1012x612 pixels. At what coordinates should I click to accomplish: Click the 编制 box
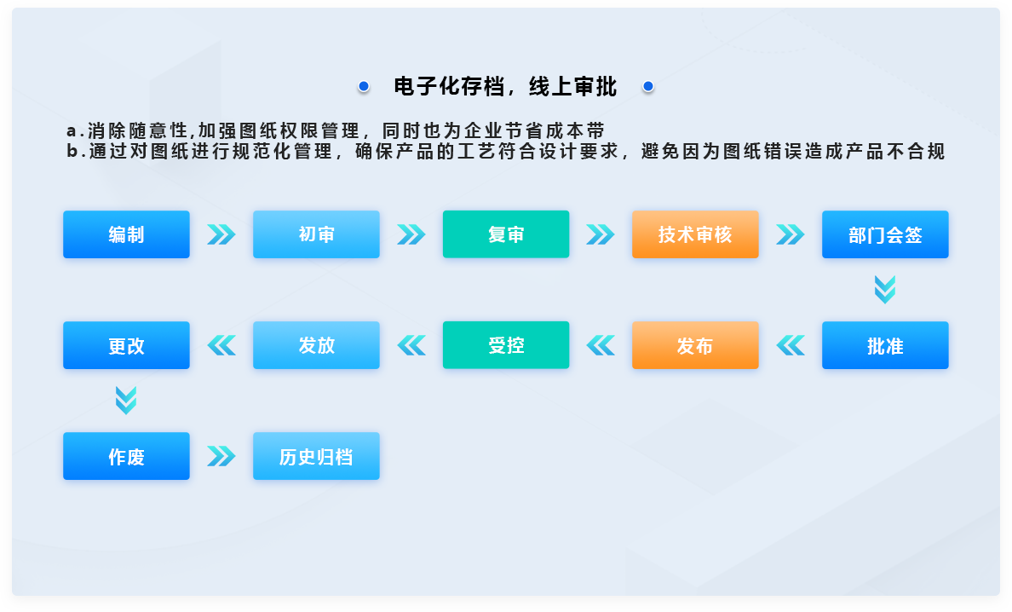click(x=126, y=234)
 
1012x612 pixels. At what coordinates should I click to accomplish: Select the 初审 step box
click(x=316, y=234)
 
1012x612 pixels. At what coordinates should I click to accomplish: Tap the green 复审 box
click(x=506, y=234)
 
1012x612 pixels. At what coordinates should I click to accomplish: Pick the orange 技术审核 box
click(x=695, y=234)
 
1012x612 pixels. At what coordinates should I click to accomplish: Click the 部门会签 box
click(x=886, y=234)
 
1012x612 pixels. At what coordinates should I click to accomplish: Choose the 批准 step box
click(x=886, y=345)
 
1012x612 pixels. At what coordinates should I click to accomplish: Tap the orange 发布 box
click(x=695, y=345)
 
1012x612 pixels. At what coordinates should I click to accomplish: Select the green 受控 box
click(x=506, y=345)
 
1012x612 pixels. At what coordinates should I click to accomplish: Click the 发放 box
click(x=316, y=345)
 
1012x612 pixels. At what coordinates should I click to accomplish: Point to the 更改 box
click(x=126, y=345)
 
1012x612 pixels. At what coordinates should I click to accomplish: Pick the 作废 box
click(x=126, y=456)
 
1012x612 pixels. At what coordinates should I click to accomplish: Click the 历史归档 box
click(x=316, y=456)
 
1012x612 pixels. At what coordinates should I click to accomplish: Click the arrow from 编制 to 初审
click(x=221, y=234)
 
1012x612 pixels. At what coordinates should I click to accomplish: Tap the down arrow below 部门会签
click(x=885, y=289)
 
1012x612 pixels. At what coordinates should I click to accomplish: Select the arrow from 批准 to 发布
click(x=791, y=345)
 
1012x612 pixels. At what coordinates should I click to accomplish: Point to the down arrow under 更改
click(x=126, y=401)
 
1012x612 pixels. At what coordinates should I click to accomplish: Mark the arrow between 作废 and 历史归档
click(x=221, y=456)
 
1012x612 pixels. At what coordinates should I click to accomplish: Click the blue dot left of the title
click(x=364, y=86)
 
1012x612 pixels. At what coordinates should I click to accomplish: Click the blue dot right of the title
click(x=648, y=86)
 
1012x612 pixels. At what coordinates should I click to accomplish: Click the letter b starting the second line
click(x=72, y=151)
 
